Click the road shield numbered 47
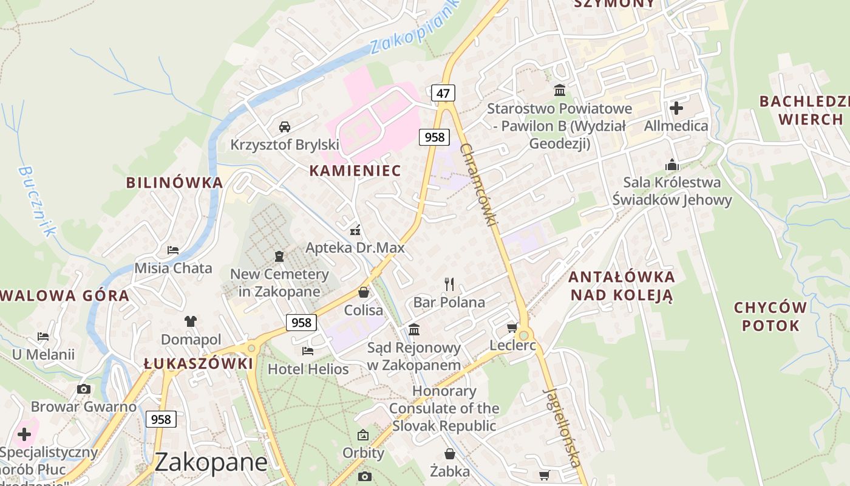point(443,93)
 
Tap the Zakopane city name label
point(211,462)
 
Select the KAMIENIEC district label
point(355,171)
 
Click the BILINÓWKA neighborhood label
point(174,182)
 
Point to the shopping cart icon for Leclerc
point(512,328)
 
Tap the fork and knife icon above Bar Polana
point(449,284)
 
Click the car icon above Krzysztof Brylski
point(284,126)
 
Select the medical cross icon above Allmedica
point(676,108)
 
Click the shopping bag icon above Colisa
point(364,292)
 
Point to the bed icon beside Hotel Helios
point(308,351)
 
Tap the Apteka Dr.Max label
point(355,248)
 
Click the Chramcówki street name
point(478,185)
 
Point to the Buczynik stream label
point(37,200)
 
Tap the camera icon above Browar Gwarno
point(84,389)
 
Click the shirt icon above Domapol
point(191,321)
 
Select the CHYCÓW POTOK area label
point(770,317)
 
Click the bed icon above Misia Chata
point(173,250)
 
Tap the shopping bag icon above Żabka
point(450,454)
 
